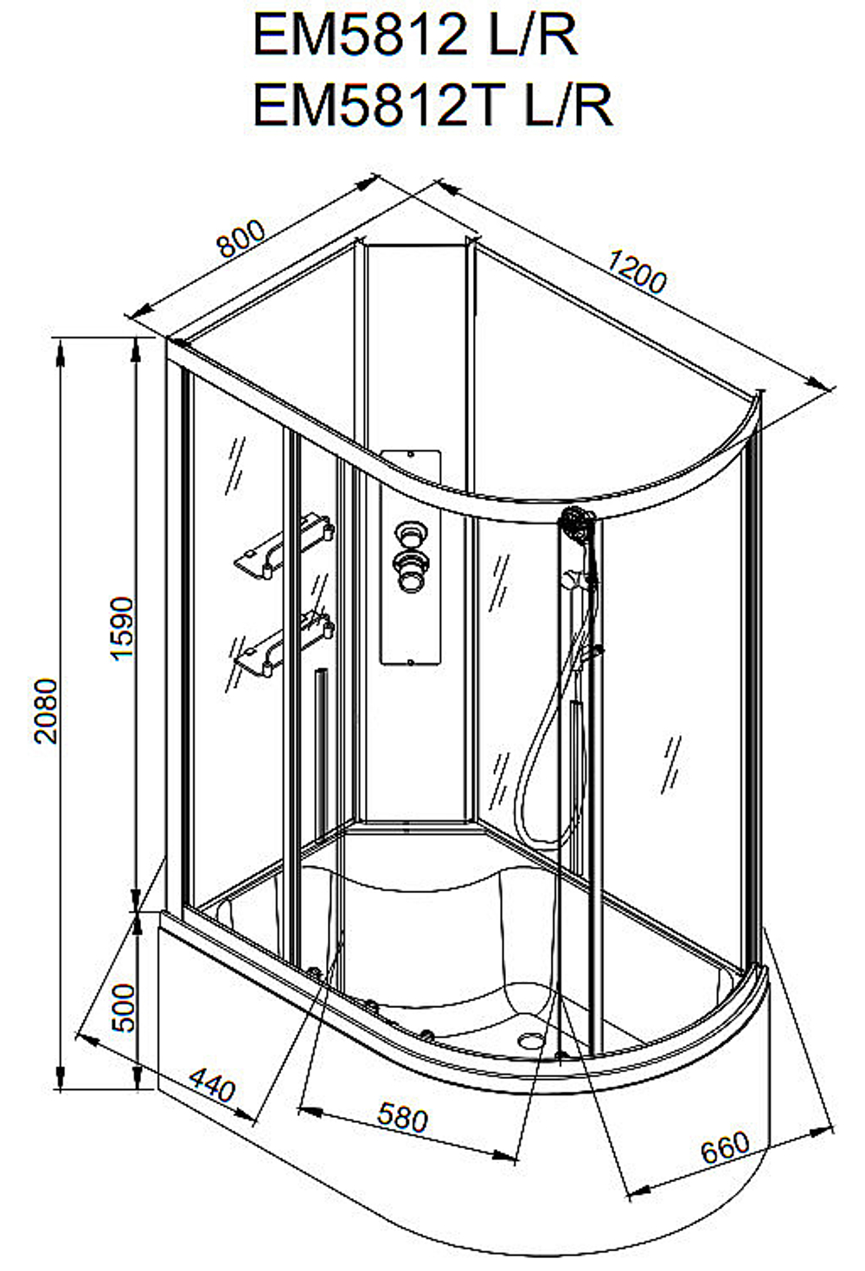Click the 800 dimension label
point(241,238)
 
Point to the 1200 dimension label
point(637,273)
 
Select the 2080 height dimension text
point(46,711)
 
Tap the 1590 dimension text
point(122,629)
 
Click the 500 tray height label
point(123,1008)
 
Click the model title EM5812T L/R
point(432,105)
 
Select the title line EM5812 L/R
point(414,35)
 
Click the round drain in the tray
point(531,1040)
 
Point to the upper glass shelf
point(284,545)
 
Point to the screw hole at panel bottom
point(409,662)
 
